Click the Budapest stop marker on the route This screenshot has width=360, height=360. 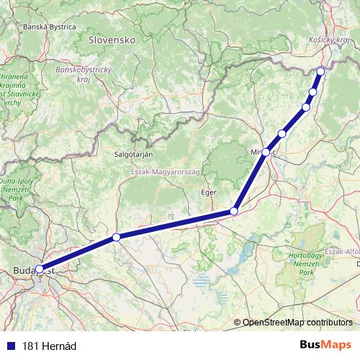(x=39, y=269)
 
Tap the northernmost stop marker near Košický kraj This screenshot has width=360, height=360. (x=320, y=71)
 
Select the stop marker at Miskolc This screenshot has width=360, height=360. (x=266, y=152)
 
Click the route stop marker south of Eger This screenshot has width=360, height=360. (x=234, y=211)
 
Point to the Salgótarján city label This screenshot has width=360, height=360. (x=133, y=154)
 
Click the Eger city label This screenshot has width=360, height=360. (x=208, y=192)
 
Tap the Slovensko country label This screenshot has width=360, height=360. (x=112, y=41)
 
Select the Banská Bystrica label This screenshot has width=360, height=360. (x=50, y=27)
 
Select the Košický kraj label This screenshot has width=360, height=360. (x=328, y=42)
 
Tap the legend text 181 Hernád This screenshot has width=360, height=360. (x=49, y=346)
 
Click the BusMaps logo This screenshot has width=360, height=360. (x=325, y=345)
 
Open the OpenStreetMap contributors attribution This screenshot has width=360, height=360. (x=297, y=323)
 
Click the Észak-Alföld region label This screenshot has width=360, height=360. (x=343, y=251)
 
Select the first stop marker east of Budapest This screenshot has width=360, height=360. (x=116, y=237)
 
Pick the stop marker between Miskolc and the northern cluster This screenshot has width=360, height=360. (x=282, y=133)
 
